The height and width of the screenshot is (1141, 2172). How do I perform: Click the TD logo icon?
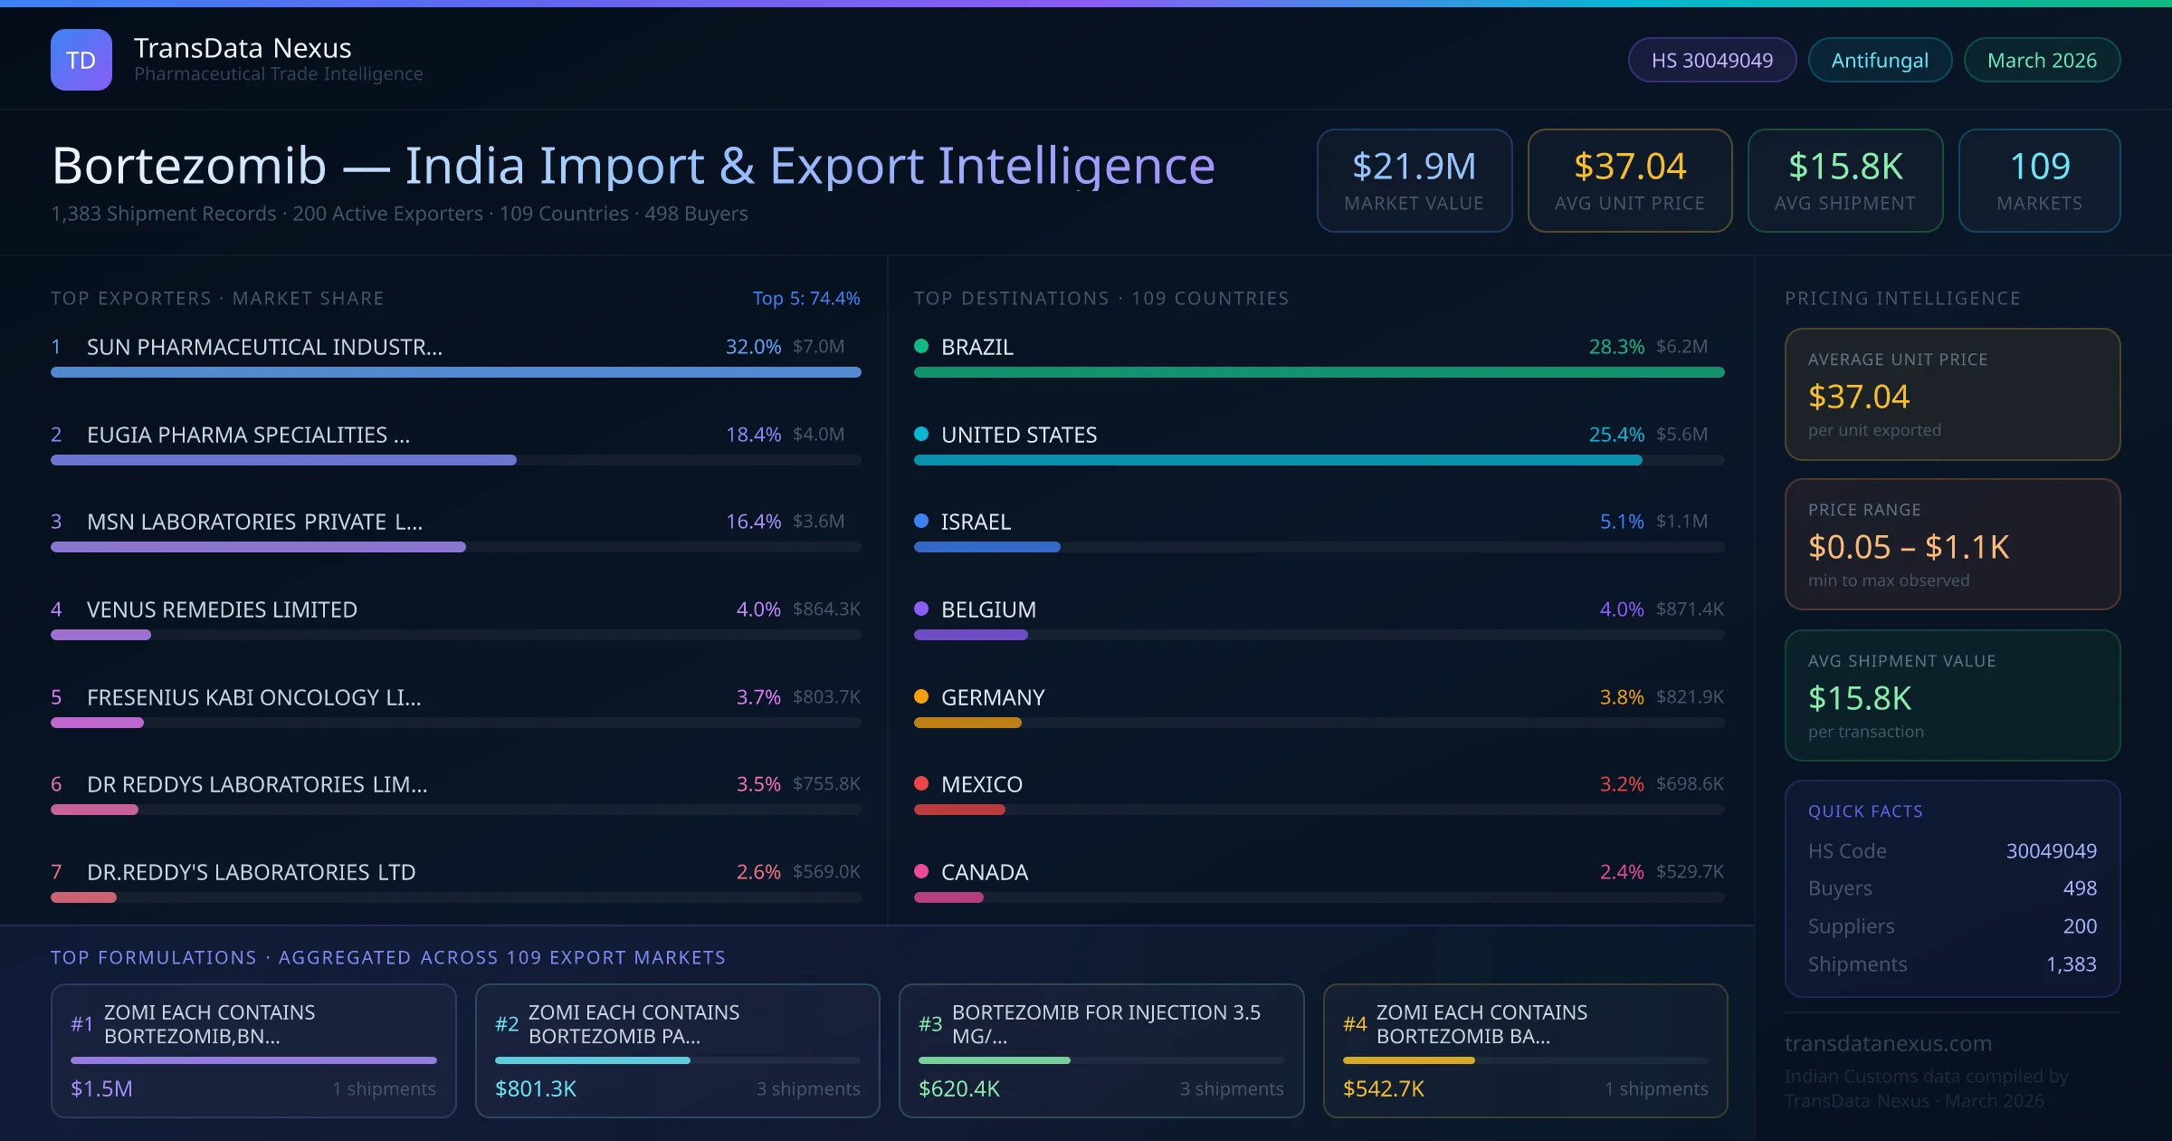tap(81, 60)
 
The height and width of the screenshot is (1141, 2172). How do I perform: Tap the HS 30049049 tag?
tap(1711, 60)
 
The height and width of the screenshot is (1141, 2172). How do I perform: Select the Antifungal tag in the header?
tap(1880, 60)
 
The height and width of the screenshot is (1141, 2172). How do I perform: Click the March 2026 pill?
tap(2042, 60)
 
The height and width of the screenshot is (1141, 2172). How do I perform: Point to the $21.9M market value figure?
tap(1414, 166)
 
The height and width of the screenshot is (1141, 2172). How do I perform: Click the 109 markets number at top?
tap(2039, 166)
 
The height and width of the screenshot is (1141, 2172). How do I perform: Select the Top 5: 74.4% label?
tap(805, 298)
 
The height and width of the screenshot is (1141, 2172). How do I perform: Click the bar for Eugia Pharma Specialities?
tap(283, 460)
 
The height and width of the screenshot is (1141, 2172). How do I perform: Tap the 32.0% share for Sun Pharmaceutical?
tap(753, 347)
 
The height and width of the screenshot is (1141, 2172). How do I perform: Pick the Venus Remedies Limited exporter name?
tap(222, 609)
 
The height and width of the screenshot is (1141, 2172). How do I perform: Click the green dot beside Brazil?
tap(921, 346)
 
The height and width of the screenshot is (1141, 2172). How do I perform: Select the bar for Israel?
tap(986, 547)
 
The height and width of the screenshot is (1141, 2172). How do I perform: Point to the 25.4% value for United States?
tap(1616, 435)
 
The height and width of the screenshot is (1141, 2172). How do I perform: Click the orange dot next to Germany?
tap(921, 696)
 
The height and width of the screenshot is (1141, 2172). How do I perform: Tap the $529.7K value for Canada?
tap(1690, 871)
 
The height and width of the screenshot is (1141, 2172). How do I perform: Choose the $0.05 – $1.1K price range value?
tap(1908, 547)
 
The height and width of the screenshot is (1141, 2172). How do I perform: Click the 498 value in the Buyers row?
tap(2079, 888)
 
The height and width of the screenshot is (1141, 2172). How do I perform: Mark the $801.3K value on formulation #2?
tap(536, 1088)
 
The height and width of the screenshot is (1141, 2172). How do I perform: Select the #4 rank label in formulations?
tap(1355, 1024)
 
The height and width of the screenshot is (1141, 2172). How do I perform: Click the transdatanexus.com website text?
tap(1888, 1043)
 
